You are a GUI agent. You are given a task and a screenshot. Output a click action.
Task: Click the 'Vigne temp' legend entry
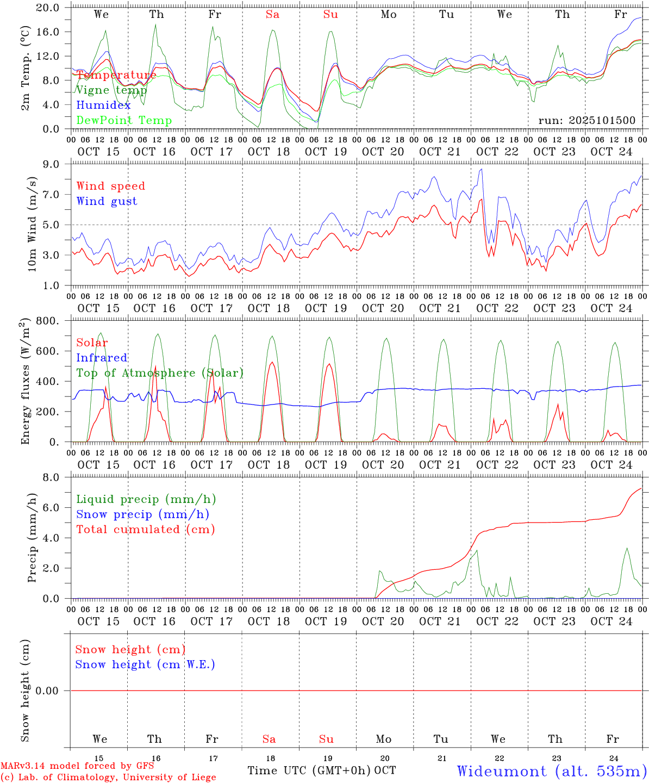coord(111,90)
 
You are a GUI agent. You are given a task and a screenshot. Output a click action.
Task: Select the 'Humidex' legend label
coord(103,105)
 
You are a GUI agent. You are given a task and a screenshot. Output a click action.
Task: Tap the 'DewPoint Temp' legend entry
coord(124,121)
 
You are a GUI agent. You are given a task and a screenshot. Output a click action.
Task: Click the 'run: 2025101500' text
coord(586,121)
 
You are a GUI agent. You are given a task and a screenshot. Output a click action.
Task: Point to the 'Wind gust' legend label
coord(107,201)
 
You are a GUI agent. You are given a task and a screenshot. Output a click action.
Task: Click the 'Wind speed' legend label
coord(111,186)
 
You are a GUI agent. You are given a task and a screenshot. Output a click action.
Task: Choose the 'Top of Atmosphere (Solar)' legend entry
coord(160,373)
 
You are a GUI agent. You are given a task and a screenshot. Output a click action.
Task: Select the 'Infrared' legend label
coord(102,358)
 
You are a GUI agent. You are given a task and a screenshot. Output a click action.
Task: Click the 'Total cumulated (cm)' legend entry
coord(145,530)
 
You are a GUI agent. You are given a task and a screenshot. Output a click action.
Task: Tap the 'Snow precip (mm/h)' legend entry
coord(142,514)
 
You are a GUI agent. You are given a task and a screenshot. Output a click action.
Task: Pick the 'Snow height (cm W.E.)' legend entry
coord(145,664)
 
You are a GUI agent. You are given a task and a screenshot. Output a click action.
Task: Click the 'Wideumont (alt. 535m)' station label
coord(551,771)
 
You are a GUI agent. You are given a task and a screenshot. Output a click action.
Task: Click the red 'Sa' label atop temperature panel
coord(272,15)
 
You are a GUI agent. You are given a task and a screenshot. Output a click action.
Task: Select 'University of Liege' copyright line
coord(108,778)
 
